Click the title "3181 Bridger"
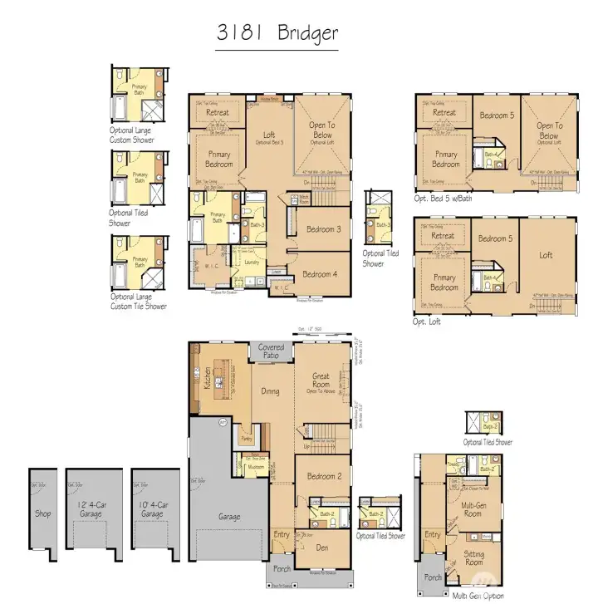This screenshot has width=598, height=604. click(277, 33)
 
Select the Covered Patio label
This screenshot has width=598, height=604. click(271, 351)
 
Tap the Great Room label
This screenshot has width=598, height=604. click(321, 381)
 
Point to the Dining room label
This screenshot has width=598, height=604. click(270, 392)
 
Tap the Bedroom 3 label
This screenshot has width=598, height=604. click(322, 229)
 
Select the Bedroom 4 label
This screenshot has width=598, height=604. click(320, 275)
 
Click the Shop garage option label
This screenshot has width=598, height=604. click(43, 513)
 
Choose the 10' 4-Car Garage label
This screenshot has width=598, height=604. click(152, 509)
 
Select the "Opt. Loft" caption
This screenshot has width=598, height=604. click(429, 321)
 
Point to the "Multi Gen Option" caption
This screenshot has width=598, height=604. click(478, 596)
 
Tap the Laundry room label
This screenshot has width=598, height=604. click(252, 262)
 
